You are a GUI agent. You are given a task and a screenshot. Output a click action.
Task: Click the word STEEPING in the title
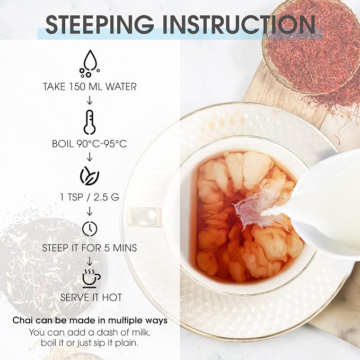pyautogui.click(x=100, y=24)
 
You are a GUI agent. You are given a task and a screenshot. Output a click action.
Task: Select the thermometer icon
pyautogui.click(x=90, y=122)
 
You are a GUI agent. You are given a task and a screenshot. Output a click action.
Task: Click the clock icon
pyautogui.click(x=90, y=229)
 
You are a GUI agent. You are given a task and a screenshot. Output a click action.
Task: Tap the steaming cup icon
pyautogui.click(x=91, y=278)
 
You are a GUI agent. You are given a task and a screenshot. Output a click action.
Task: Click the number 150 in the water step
pyautogui.click(x=77, y=87)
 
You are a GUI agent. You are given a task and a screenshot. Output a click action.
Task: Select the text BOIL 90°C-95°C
pyautogui.click(x=90, y=144)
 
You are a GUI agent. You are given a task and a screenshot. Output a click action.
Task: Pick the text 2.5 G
pyautogui.click(x=106, y=197)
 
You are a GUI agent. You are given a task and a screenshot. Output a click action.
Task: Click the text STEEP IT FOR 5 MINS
pyautogui.click(x=90, y=248)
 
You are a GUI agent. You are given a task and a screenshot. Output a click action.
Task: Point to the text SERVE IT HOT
pyautogui.click(x=91, y=297)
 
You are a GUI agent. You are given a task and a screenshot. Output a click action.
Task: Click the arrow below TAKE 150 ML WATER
pyautogui.click(x=90, y=100)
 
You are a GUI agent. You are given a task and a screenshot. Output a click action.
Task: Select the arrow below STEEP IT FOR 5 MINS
pyautogui.click(x=90, y=261)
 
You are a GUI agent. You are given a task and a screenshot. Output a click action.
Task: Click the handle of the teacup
pyautogui.click(x=145, y=217)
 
